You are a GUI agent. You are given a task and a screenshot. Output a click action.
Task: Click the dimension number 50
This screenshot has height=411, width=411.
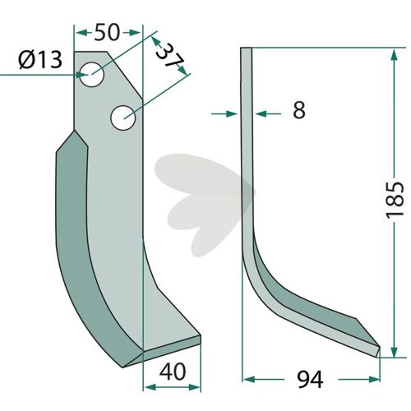pos(107,32)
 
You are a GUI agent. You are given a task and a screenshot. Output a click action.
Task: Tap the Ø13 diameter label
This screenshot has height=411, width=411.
pos(40,60)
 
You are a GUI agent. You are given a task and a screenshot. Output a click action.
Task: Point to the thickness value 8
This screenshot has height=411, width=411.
pos(299,110)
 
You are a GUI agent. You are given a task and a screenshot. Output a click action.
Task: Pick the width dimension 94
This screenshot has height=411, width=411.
pos(311,380)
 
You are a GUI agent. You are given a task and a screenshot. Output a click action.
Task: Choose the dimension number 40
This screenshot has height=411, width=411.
pos(173,372)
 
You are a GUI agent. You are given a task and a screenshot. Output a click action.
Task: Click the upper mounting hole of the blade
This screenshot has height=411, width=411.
pos(92,75)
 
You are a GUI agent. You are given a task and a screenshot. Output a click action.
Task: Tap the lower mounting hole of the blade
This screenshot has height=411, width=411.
pos(123,118)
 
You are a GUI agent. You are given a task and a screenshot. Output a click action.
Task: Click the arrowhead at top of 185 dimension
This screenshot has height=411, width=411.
pos(394,55)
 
